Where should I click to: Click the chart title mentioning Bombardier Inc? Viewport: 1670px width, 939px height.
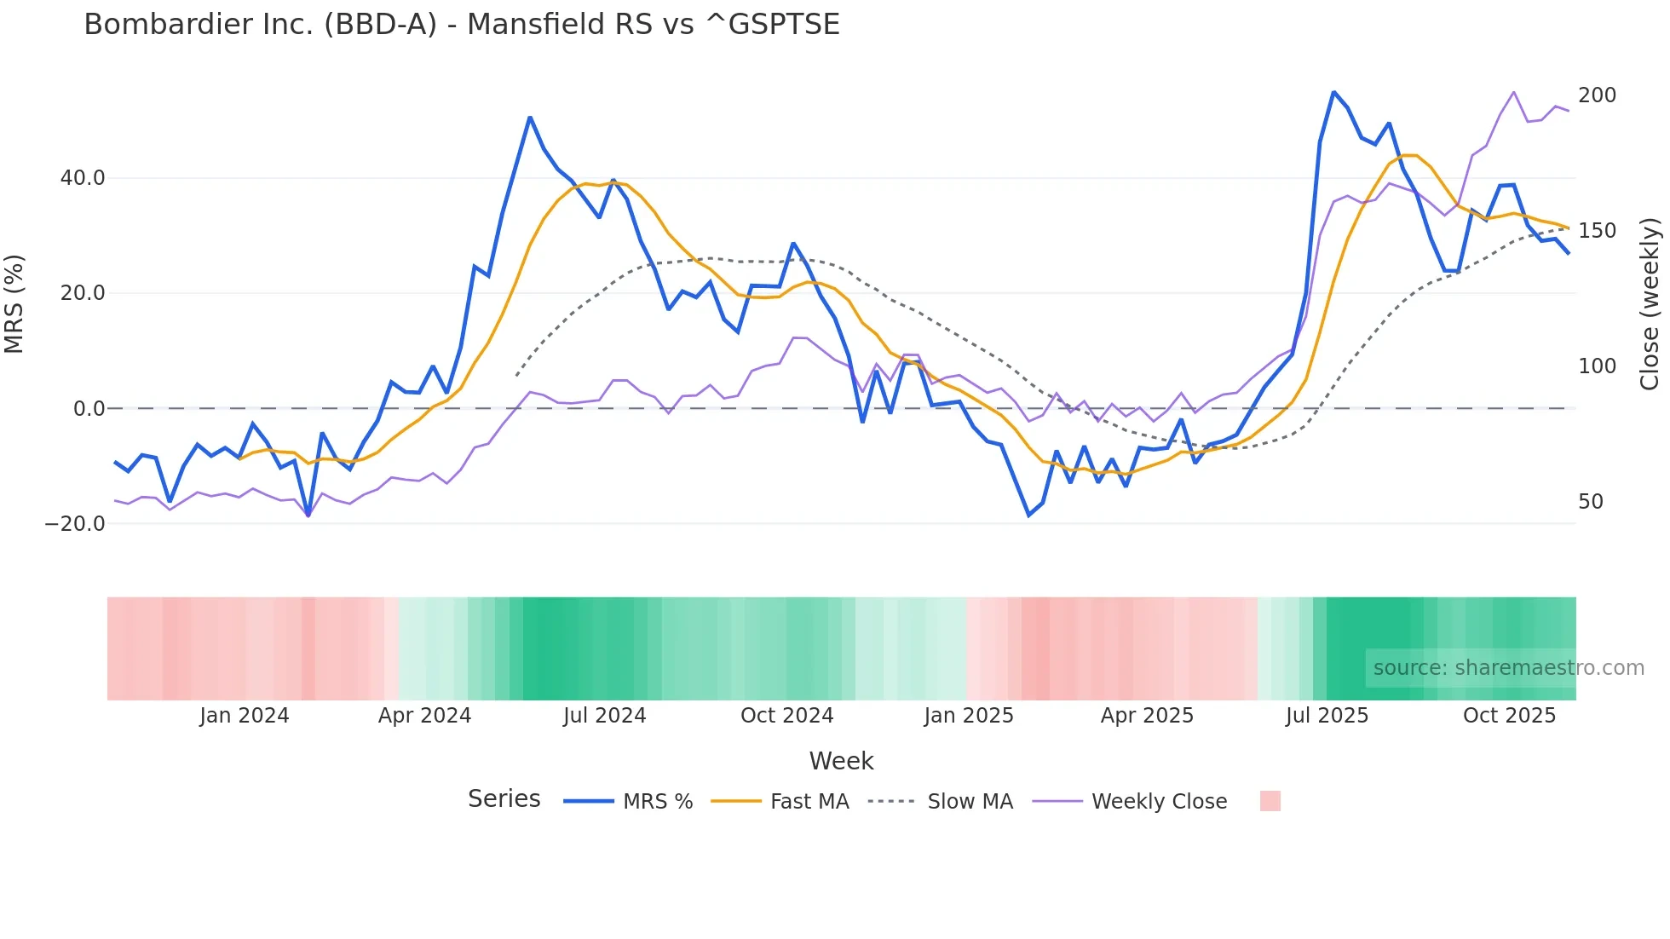coord(462,24)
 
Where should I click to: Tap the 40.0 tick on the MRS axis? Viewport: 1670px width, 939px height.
coord(83,178)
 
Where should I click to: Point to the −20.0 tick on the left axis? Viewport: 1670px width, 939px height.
coord(75,524)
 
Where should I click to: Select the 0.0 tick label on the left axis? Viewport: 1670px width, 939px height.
coord(89,409)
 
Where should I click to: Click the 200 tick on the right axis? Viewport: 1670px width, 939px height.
coord(1597,95)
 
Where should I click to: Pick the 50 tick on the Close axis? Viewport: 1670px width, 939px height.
coord(1591,502)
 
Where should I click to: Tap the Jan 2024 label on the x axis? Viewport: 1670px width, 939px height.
coord(245,716)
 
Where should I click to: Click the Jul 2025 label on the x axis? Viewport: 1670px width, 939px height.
coord(1327,716)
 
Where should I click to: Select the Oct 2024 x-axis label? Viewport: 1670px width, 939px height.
coord(786,716)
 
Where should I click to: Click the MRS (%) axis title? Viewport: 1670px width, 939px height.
coord(14,304)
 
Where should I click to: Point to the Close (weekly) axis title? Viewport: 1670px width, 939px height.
coord(1650,304)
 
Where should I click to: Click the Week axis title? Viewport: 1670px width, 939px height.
coord(841,761)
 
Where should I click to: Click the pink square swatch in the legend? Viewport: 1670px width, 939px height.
coord(1270,801)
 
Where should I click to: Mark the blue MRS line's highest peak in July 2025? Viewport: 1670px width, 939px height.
coord(1333,92)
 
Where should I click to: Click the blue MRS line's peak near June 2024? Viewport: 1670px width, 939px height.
coord(530,118)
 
